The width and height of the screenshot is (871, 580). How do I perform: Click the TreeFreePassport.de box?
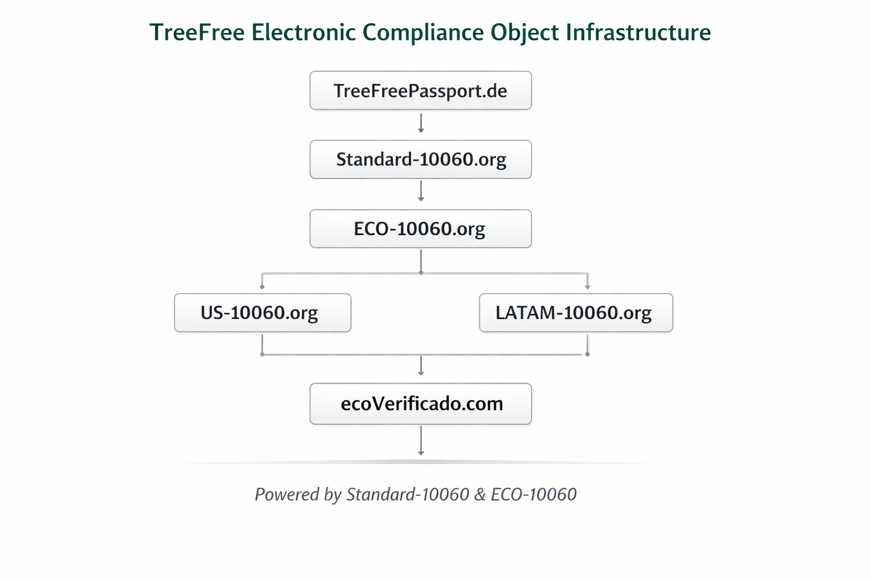(420, 91)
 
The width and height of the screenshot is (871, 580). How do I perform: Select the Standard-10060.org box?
(420, 160)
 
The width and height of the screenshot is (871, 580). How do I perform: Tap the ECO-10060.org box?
(420, 229)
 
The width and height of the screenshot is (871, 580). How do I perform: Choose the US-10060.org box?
(263, 313)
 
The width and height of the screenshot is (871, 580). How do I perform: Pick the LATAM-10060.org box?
(576, 313)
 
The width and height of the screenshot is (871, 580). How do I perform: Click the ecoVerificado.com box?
(420, 404)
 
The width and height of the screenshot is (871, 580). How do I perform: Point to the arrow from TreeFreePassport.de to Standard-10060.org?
(421, 123)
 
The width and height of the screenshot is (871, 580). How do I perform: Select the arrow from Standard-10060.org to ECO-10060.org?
(421, 192)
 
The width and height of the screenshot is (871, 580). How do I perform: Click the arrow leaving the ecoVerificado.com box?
(421, 441)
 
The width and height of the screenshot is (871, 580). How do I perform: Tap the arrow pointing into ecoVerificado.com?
(421, 366)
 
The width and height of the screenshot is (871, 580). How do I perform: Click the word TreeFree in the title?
(197, 32)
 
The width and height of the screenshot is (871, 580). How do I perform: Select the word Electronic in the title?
(303, 32)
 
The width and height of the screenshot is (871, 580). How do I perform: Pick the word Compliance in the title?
(422, 32)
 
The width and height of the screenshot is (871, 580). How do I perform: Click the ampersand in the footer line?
(480, 494)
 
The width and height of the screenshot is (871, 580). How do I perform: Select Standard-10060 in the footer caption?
(408, 494)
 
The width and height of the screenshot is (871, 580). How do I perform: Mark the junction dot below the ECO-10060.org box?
(421, 273)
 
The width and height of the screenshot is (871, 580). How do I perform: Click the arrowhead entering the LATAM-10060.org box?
(587, 287)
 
